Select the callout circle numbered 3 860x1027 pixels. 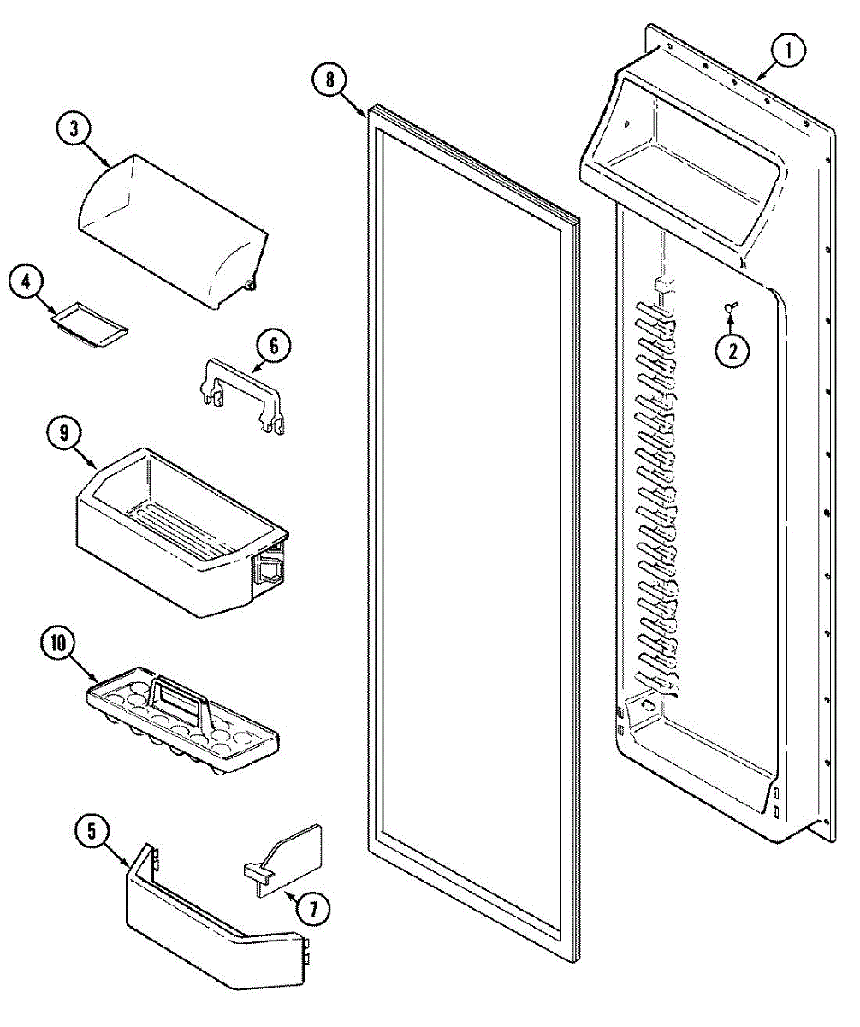(x=75, y=130)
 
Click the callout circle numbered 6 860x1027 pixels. (x=274, y=347)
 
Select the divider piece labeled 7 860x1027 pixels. (x=287, y=860)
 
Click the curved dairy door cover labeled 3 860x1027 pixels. (x=171, y=227)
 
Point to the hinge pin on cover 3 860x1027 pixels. (x=251, y=284)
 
